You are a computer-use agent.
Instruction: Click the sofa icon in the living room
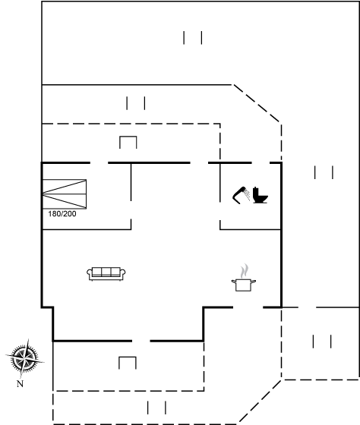pyautogui.click(x=106, y=274)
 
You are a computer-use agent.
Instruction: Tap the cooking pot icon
pyautogui.click(x=244, y=285)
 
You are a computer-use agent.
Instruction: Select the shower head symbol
pyautogui.click(x=241, y=194)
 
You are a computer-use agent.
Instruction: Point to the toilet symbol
pyautogui.click(x=261, y=195)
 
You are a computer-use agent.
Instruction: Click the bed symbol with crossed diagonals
pyautogui.click(x=65, y=194)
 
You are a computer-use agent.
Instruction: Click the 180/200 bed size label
pyautogui.click(x=62, y=214)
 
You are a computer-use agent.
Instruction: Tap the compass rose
pyautogui.click(x=24, y=358)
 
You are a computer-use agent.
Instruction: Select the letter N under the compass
pyautogui.click(x=20, y=384)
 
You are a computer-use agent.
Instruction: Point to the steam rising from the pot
pyautogui.click(x=244, y=271)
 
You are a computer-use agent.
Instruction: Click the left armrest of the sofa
pyautogui.click(x=90, y=273)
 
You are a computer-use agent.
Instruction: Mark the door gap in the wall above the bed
pyautogui.click(x=99, y=163)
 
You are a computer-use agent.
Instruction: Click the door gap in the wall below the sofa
pyautogui.click(x=141, y=341)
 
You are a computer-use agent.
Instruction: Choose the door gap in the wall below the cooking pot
pyautogui.click(x=248, y=307)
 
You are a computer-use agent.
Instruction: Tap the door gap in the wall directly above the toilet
pyautogui.click(x=261, y=163)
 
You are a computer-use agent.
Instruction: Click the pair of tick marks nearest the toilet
pyautogui.click(x=324, y=172)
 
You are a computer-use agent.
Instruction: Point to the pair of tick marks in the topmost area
pyautogui.click(x=193, y=38)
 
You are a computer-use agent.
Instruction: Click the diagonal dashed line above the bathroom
pyautogui.click(x=257, y=103)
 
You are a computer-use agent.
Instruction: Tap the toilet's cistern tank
pyautogui.click(x=256, y=191)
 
